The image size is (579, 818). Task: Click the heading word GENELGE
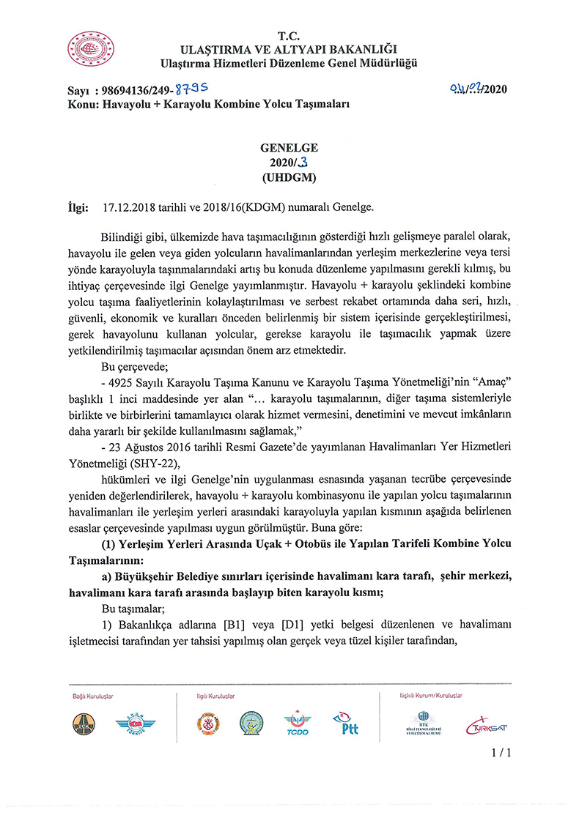(x=289, y=147)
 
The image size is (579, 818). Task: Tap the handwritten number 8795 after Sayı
(x=191, y=90)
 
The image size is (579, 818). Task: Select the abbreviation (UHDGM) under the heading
(x=289, y=177)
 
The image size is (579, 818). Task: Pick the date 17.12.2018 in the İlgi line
(x=129, y=207)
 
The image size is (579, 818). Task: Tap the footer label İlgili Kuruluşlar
(x=215, y=696)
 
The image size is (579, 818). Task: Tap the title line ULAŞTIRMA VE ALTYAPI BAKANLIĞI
(x=289, y=49)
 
